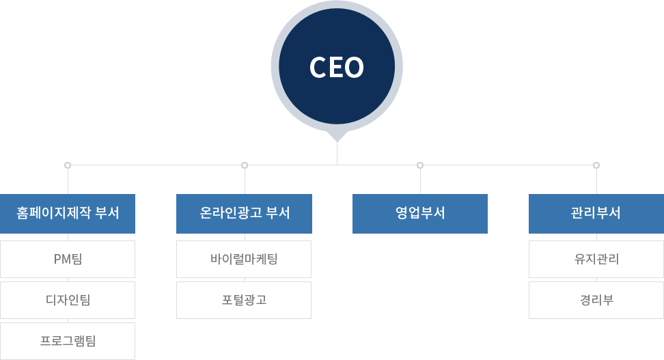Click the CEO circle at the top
tap(337, 66)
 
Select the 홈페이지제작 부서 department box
tap(68, 213)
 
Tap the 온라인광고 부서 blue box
tap(244, 213)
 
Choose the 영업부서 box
tap(420, 213)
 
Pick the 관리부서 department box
tap(596, 213)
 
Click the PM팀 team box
tap(68, 259)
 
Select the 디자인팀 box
tap(68, 300)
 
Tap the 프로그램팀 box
tap(68, 341)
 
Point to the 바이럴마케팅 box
tap(244, 259)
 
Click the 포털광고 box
tap(244, 300)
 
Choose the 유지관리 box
tap(596, 259)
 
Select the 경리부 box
tap(596, 300)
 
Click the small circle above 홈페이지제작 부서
tap(68, 165)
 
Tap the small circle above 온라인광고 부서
tap(245, 165)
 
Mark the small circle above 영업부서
tap(420, 165)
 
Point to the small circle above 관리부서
tap(596, 165)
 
